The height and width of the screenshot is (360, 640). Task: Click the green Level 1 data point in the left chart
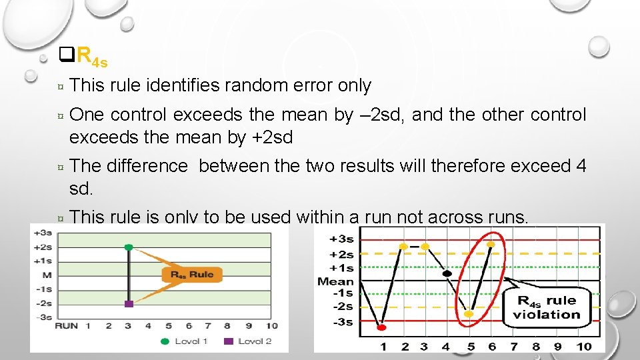click(x=129, y=247)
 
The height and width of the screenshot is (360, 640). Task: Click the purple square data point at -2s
click(x=129, y=303)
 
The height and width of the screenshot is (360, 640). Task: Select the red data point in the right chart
click(x=382, y=327)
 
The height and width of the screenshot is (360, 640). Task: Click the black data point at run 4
click(x=447, y=273)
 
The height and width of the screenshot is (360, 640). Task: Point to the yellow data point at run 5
click(x=469, y=313)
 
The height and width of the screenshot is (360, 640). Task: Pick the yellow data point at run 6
click(x=492, y=245)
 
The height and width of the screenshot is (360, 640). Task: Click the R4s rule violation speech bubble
click(x=547, y=308)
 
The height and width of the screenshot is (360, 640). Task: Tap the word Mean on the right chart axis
click(x=335, y=281)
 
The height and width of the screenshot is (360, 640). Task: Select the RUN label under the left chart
click(x=66, y=326)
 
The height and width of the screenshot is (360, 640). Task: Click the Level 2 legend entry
click(x=248, y=341)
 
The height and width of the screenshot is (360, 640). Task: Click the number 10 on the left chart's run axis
click(x=271, y=326)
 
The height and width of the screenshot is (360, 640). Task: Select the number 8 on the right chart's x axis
click(x=535, y=346)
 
